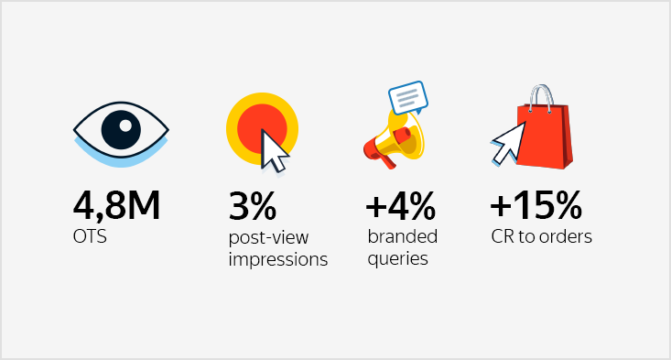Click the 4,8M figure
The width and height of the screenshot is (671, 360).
(x=117, y=205)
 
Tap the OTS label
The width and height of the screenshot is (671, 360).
(x=89, y=237)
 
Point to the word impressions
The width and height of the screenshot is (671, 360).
(x=277, y=259)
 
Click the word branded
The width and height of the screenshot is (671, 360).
(x=402, y=236)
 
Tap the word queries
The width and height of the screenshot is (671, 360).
(x=398, y=258)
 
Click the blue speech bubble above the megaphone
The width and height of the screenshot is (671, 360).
(x=408, y=95)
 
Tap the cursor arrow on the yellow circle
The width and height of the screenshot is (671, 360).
(x=273, y=151)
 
